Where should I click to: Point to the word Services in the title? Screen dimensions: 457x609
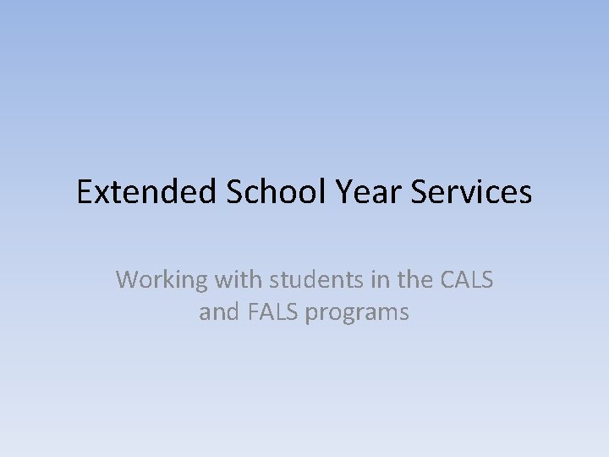coord(472,193)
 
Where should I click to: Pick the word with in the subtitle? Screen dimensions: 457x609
coord(233,278)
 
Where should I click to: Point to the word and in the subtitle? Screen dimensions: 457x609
coord(219,312)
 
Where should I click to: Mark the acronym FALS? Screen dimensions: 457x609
coord(272,312)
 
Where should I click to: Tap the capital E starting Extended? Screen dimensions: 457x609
coord(85,193)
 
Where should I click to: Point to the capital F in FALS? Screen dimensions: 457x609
coord(253,312)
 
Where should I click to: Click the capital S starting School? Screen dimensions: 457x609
coord(234,193)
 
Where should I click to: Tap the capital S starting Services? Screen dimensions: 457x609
coord(420,193)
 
